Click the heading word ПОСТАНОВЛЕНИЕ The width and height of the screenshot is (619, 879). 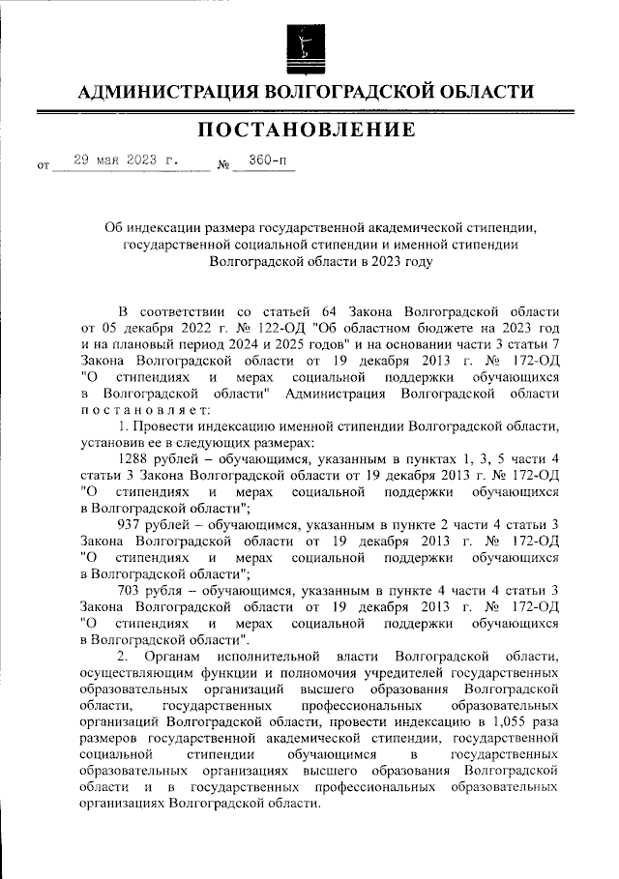309,130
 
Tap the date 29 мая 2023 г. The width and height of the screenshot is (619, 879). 130,161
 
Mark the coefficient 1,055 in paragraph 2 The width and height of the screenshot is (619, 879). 498,721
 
